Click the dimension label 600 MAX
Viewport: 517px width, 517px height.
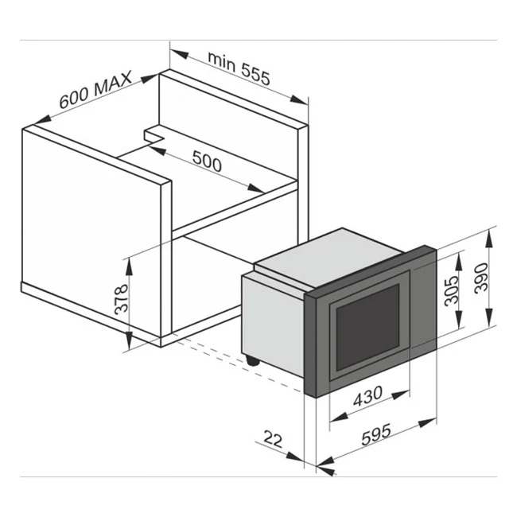point(95,94)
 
